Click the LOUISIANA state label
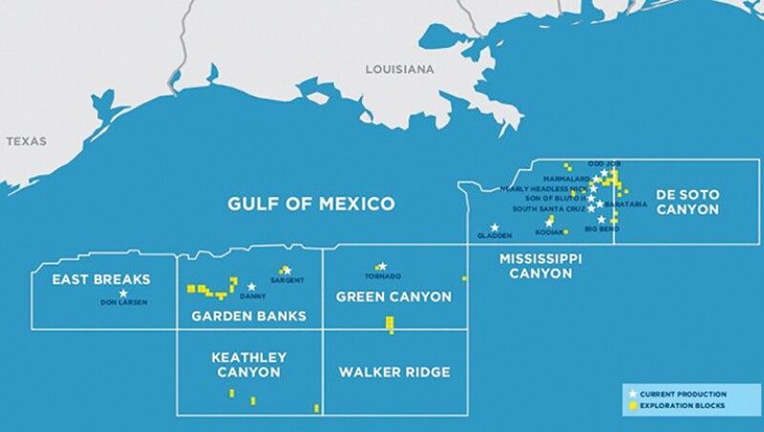coord(399,70)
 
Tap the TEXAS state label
coord(26,140)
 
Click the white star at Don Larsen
coord(123,293)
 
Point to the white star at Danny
coord(252,287)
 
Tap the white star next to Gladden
coord(494,227)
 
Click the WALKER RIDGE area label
coord(394,372)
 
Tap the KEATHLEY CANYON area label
coord(248,365)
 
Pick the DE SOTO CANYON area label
coord(687,202)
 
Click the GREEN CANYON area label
coord(393,297)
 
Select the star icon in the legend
coord(631,394)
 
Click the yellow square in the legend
coord(631,406)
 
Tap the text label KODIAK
coord(550,231)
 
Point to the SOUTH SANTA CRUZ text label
coord(548,208)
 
